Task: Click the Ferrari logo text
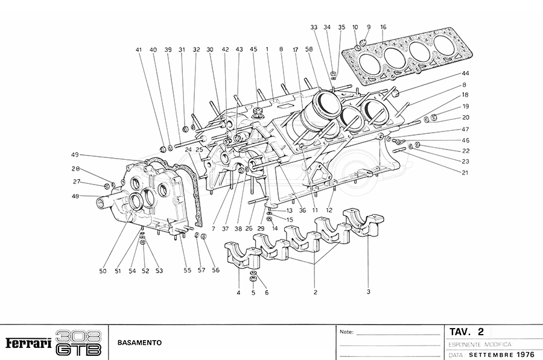(x=28, y=343)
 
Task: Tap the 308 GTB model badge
(x=78, y=343)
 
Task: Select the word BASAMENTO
(x=140, y=343)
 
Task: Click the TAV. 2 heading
(x=467, y=332)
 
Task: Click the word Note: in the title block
(x=346, y=332)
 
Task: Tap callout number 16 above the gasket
(x=383, y=27)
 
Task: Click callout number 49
(x=75, y=154)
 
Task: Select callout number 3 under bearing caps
(x=368, y=291)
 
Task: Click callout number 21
(x=465, y=173)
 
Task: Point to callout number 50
(x=103, y=271)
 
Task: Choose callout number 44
(x=466, y=73)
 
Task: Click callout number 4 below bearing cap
(x=238, y=293)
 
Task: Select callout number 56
(x=215, y=271)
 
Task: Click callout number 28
(x=76, y=169)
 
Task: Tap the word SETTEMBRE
(x=493, y=354)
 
